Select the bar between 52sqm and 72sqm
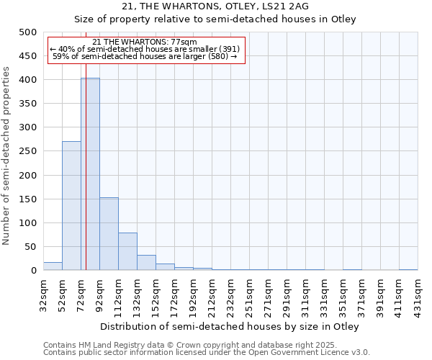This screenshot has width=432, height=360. tap(71, 206)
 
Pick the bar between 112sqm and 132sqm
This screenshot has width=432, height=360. tap(127, 251)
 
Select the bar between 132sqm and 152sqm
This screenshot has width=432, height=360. tap(146, 263)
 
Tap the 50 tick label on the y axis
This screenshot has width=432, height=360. tap(32, 247)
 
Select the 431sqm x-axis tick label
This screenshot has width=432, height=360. tap(418, 294)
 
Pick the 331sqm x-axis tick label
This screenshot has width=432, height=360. tap(325, 294)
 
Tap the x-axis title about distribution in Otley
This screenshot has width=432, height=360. tap(229, 326)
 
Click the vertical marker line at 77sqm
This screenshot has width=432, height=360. tap(86, 180)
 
